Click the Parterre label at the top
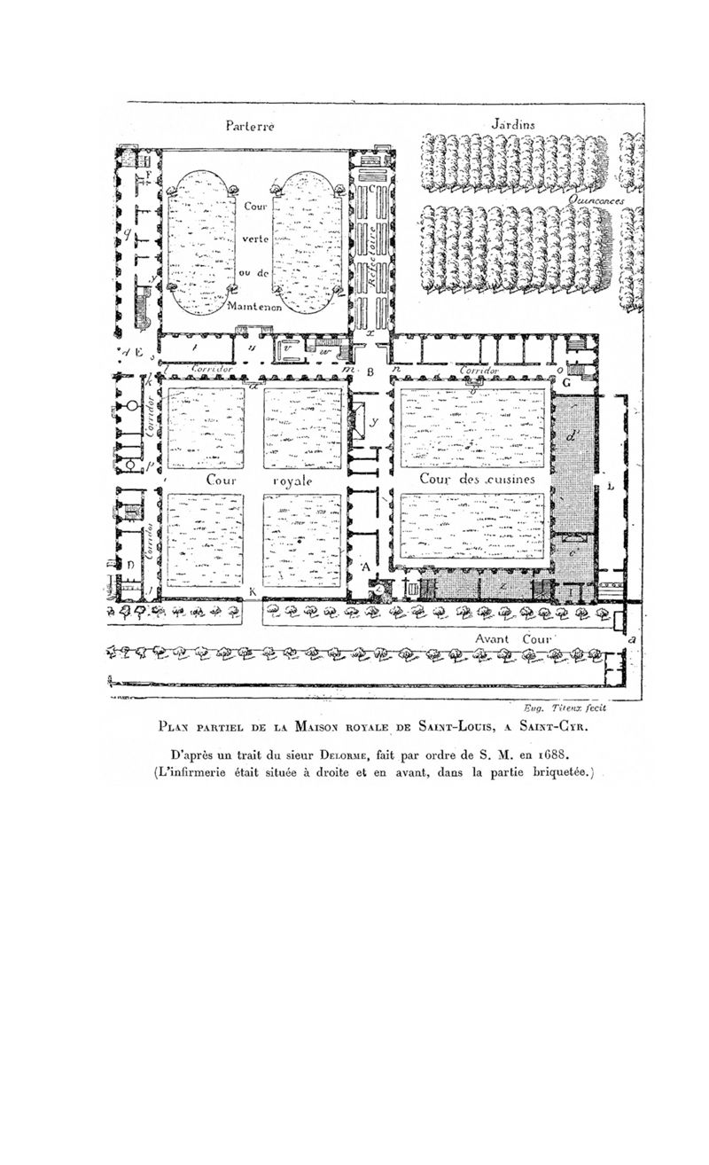(x=250, y=127)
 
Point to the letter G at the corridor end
(x=564, y=382)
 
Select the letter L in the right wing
(x=611, y=487)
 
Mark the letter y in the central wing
(x=373, y=422)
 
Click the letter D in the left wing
(x=129, y=565)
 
